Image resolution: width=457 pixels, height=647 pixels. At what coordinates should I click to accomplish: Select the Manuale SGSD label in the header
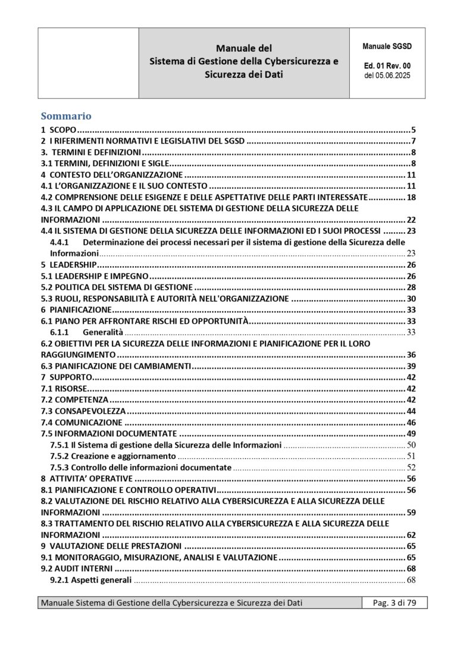point(387,45)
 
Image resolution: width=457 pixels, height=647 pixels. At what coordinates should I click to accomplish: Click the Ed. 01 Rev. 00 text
point(387,66)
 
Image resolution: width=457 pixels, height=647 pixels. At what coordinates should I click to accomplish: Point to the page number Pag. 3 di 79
point(394,603)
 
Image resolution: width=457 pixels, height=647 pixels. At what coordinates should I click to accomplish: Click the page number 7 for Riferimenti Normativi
point(412,141)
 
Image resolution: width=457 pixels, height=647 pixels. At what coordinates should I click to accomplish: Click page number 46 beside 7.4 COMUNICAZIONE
point(411,422)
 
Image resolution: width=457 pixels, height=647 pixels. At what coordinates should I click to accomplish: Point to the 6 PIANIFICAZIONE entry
point(76,310)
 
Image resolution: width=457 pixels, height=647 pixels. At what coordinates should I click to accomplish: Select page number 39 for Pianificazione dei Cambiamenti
point(411,366)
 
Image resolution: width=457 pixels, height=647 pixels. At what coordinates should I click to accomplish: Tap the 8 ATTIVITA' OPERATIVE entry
point(86,479)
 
